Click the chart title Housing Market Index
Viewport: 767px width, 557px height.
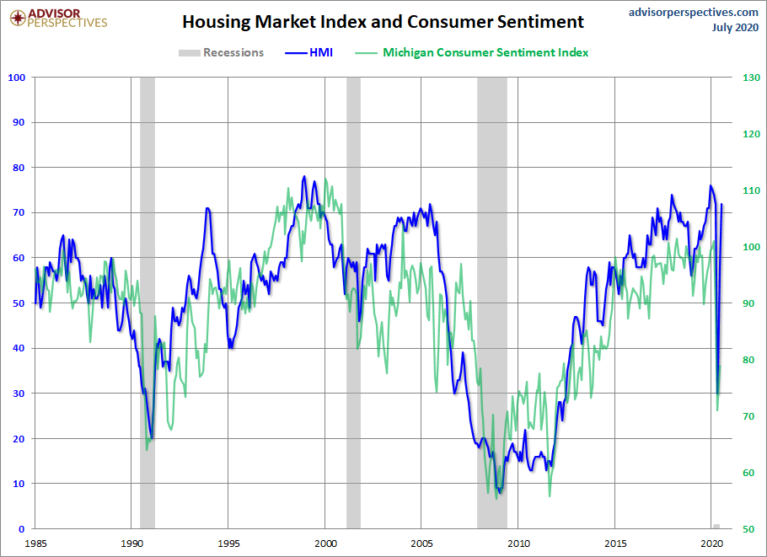click(383, 21)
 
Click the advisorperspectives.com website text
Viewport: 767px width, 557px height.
click(694, 12)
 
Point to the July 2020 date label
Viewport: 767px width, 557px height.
click(734, 28)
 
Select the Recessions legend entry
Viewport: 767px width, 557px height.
click(222, 52)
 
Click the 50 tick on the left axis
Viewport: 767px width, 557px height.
click(20, 303)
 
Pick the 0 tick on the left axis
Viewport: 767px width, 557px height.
click(23, 529)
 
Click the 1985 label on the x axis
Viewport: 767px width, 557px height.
click(35, 543)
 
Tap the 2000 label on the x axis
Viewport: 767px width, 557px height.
click(325, 543)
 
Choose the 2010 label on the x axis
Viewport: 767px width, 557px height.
click(518, 543)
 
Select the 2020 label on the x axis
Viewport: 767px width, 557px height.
click(712, 543)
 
